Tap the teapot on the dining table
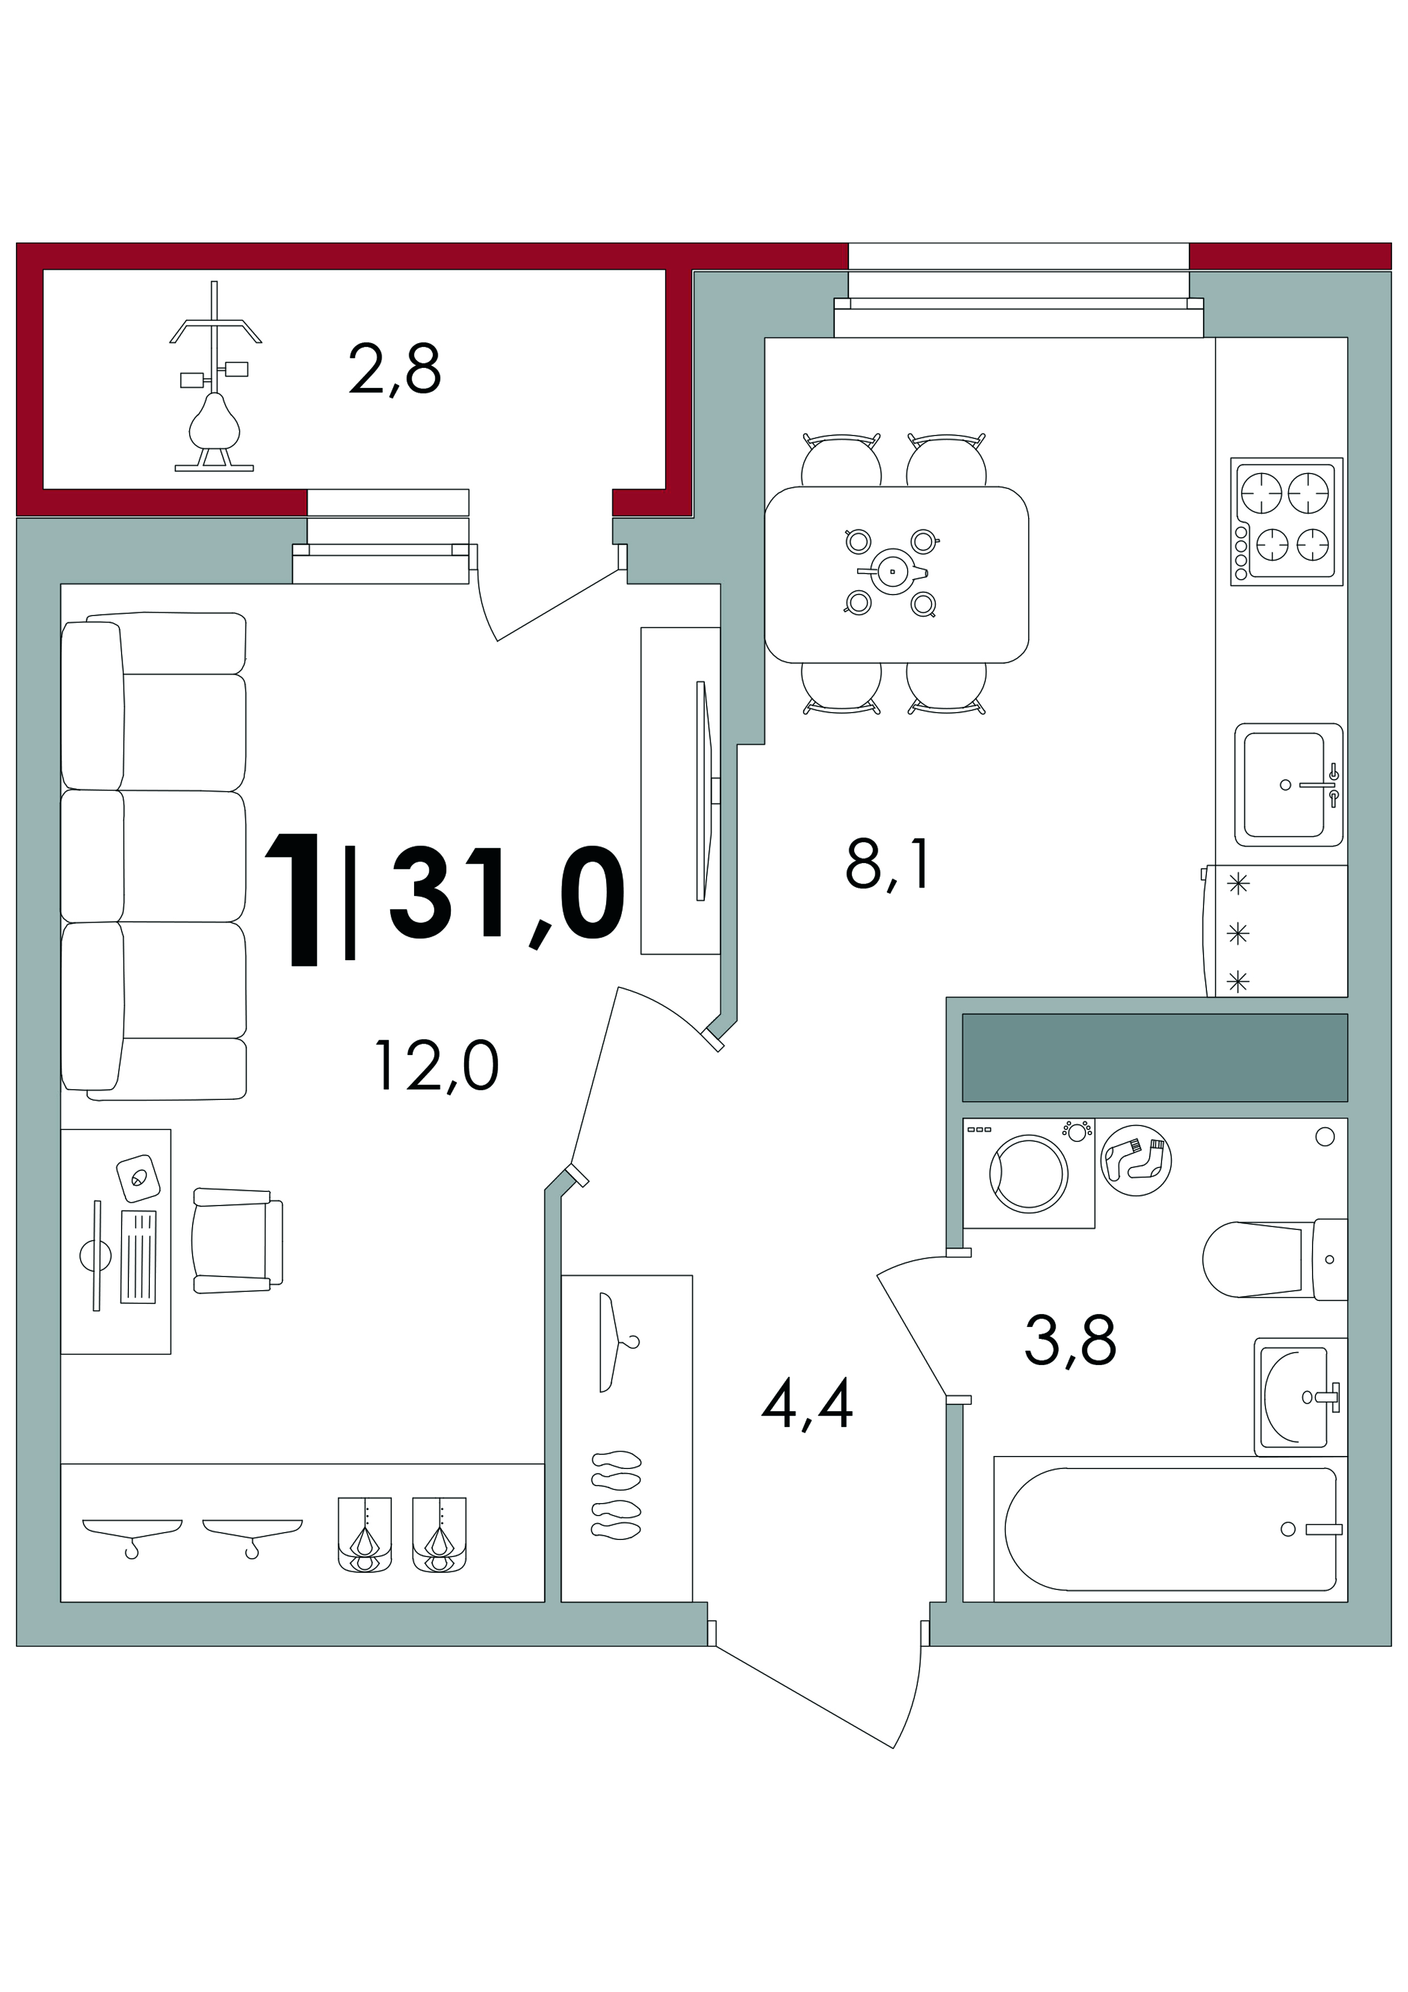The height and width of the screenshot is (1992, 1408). tap(893, 572)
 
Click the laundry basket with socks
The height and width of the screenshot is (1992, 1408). tap(1135, 1160)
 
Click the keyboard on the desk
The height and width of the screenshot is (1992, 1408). tap(138, 1257)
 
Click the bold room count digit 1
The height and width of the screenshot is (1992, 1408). tap(295, 899)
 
